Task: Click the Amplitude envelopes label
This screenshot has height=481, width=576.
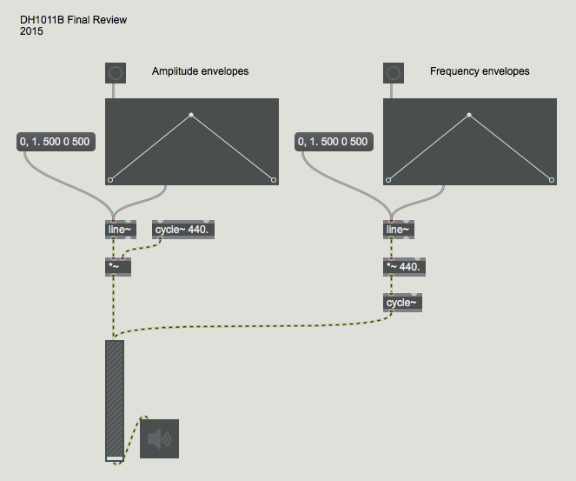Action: coord(200,71)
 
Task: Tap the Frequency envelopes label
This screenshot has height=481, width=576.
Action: coord(480,71)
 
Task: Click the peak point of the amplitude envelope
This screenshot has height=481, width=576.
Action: coord(191,115)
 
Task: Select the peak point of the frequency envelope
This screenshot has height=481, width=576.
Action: coord(469,115)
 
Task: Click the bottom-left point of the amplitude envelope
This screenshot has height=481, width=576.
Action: coord(110,180)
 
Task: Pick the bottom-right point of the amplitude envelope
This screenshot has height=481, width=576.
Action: coord(274,180)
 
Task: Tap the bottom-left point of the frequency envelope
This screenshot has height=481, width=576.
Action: coord(388,180)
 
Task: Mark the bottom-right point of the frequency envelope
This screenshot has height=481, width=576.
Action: coord(552,180)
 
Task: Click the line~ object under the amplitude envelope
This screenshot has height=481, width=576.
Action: coord(116,230)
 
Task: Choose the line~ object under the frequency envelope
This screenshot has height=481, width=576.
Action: coord(398,230)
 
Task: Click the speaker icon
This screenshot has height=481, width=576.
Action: coord(159,438)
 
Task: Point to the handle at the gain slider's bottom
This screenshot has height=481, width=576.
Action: coord(114,458)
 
